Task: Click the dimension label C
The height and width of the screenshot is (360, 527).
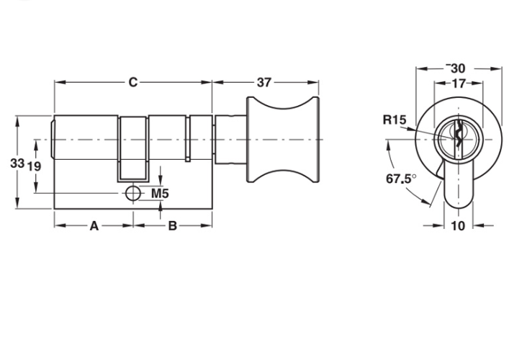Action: (132, 83)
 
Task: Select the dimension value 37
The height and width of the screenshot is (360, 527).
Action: (264, 83)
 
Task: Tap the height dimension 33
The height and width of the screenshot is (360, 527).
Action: (17, 163)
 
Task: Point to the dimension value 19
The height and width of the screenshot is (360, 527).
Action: (34, 166)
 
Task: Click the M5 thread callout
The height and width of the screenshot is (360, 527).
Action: (160, 194)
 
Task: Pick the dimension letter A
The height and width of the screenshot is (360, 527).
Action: (94, 226)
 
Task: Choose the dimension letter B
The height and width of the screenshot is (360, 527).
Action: (172, 226)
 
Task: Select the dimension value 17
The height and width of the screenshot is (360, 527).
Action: (458, 83)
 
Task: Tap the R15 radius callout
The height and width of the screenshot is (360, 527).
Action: (395, 120)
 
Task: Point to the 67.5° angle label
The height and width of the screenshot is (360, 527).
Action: (400, 178)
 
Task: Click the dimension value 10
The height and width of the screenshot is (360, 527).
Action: (458, 226)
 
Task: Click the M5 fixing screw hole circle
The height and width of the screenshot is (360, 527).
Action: (132, 194)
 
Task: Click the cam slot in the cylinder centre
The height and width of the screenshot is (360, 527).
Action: (133, 148)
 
